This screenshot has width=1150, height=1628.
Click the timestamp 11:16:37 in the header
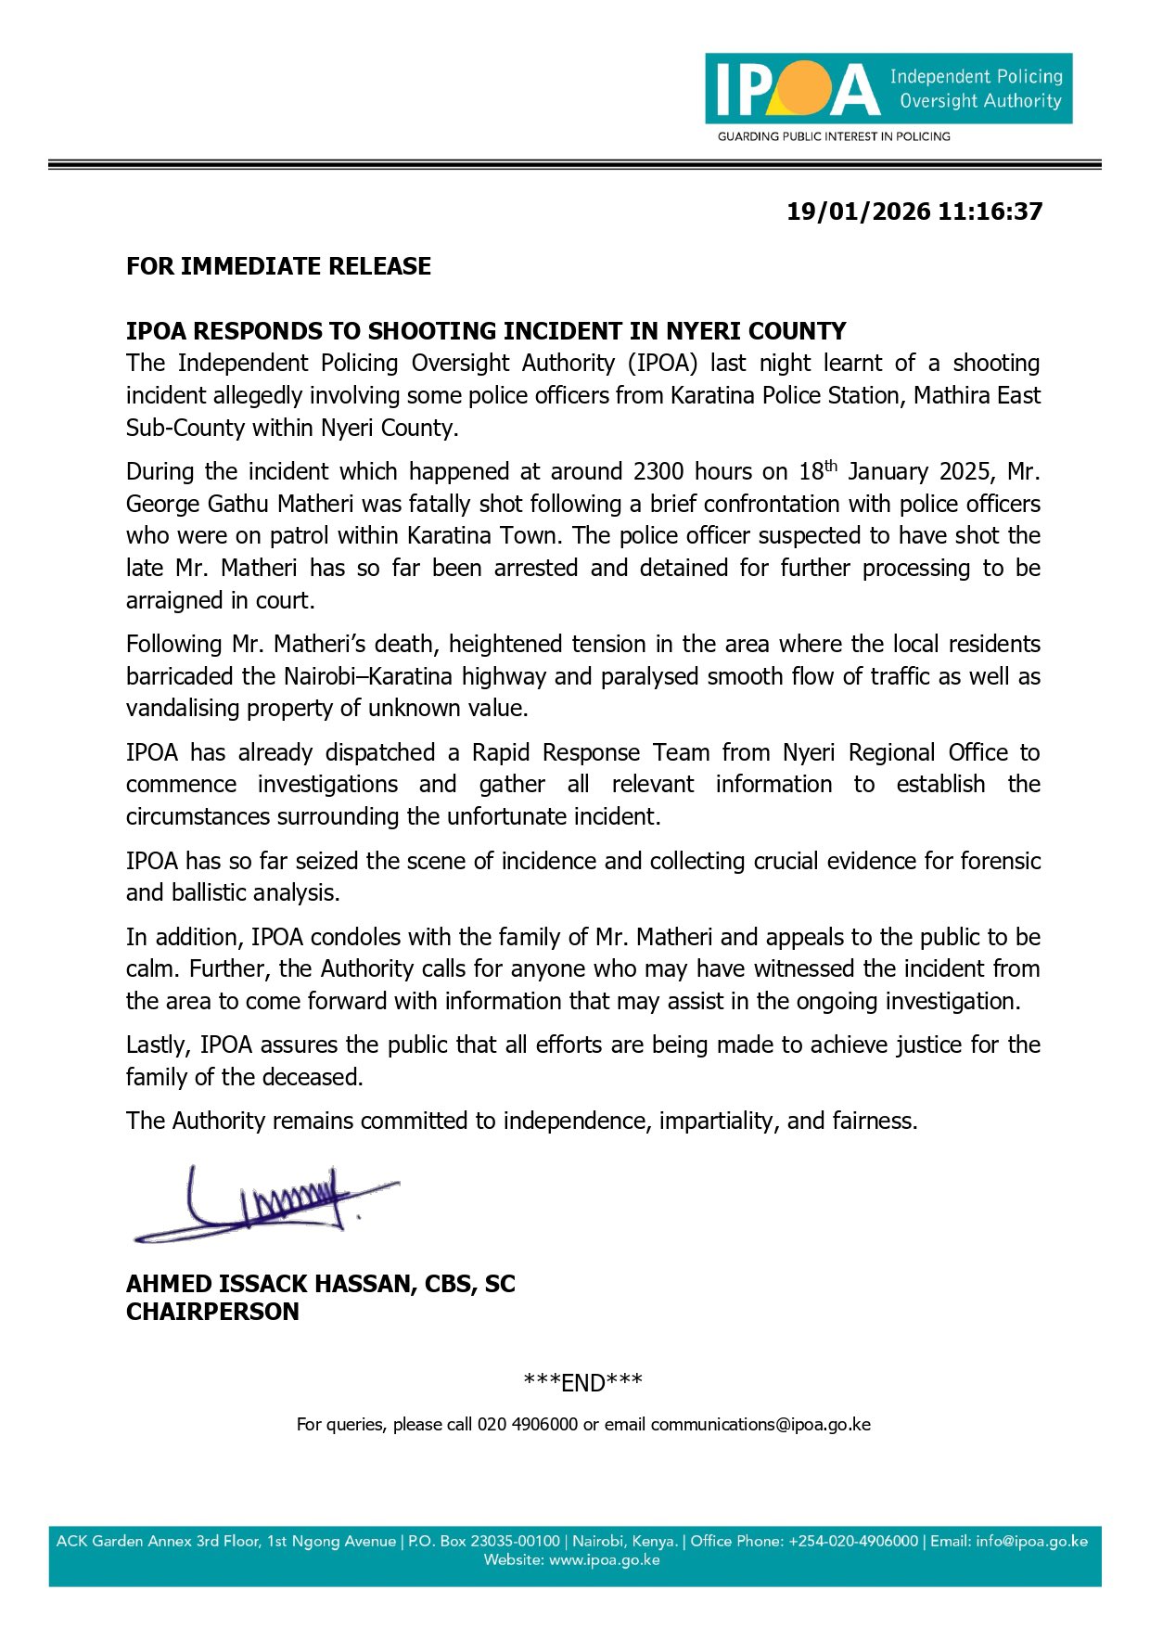click(x=990, y=212)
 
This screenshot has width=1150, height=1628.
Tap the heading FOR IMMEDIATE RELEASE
click(x=278, y=266)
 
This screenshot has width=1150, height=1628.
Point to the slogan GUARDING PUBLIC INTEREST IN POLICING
click(x=833, y=136)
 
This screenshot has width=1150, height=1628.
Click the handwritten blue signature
click(x=264, y=1206)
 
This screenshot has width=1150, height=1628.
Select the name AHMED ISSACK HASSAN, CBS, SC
click(x=320, y=1284)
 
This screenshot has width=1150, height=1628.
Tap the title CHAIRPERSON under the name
click(x=212, y=1312)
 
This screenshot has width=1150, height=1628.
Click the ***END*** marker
click(x=582, y=1382)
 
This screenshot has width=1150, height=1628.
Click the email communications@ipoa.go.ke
click(x=760, y=1424)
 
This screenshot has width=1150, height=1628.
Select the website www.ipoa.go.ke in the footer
click(x=604, y=1560)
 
